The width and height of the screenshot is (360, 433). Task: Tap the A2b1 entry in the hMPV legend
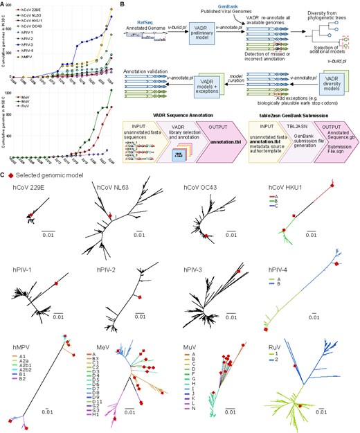29,365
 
